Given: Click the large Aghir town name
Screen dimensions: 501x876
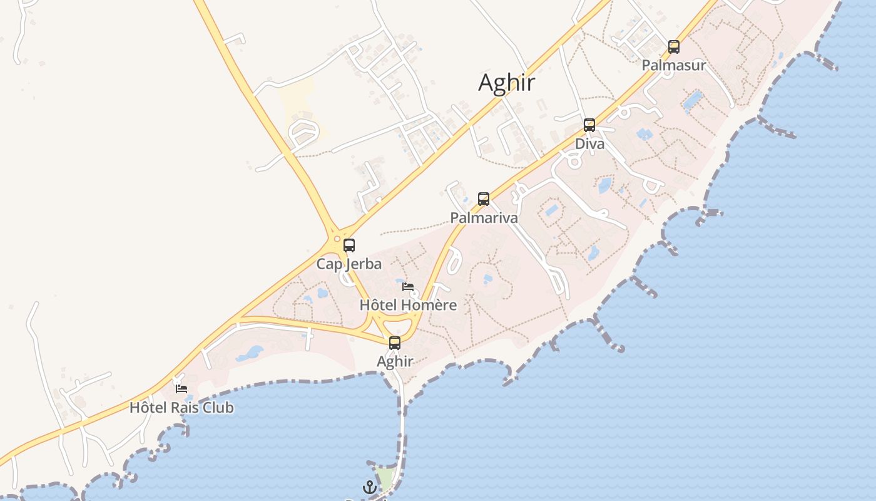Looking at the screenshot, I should coord(507,83).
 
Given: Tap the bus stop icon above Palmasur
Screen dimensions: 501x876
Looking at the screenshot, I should coord(674,46).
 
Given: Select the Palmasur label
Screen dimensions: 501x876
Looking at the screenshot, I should coord(674,65).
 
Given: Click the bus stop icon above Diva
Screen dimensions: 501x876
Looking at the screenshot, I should coord(589,125).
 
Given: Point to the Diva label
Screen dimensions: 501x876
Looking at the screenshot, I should coord(590,144).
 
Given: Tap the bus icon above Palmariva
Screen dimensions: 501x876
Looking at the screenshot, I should coord(484,199).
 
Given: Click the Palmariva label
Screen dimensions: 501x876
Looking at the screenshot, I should coord(484,218).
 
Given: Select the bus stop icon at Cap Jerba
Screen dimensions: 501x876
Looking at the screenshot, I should coord(349,245).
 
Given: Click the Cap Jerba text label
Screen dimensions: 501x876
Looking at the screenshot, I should coord(349,264).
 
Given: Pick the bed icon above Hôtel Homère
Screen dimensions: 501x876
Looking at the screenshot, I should coord(408,287).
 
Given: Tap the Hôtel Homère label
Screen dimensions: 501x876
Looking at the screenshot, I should coord(408,306).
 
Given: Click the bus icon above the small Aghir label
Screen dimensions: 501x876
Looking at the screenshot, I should coord(395,343).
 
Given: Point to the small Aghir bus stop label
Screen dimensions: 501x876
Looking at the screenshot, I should coord(395,361).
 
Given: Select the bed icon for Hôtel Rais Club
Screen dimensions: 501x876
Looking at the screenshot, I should coord(181,389).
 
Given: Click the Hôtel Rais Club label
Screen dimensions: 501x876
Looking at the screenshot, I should coord(181,408).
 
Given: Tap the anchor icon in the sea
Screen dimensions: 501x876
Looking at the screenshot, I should coord(370,487).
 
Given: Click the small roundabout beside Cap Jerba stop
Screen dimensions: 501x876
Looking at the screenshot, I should coord(337,239).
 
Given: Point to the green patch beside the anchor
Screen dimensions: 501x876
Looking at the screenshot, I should coord(385,478).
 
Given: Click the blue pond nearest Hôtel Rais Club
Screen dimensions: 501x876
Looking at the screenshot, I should coord(250,353).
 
